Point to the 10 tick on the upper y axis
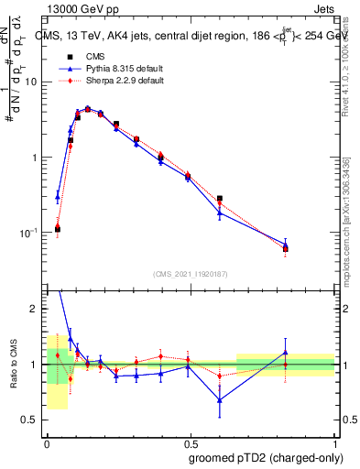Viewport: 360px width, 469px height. pos(34,82)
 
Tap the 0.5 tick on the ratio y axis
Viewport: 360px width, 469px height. pos(33,420)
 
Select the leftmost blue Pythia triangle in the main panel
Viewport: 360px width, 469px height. pos(58,196)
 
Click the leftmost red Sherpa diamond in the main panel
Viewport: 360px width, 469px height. pos(58,225)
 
